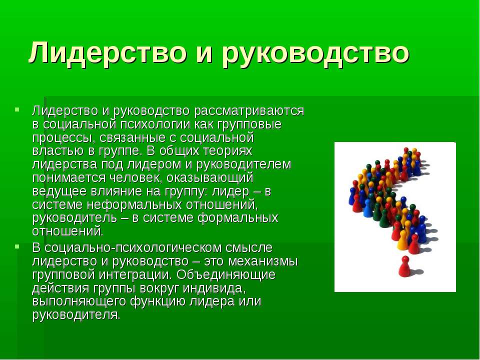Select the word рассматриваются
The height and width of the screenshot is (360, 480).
click(249, 111)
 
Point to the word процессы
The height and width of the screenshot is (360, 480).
click(60, 138)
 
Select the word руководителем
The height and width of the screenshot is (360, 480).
click(243, 164)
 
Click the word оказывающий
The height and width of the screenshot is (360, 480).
click(210, 178)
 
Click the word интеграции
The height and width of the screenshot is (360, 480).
click(135, 275)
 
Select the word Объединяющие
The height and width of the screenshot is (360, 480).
click(226, 275)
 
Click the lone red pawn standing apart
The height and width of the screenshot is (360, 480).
click(404, 266)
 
